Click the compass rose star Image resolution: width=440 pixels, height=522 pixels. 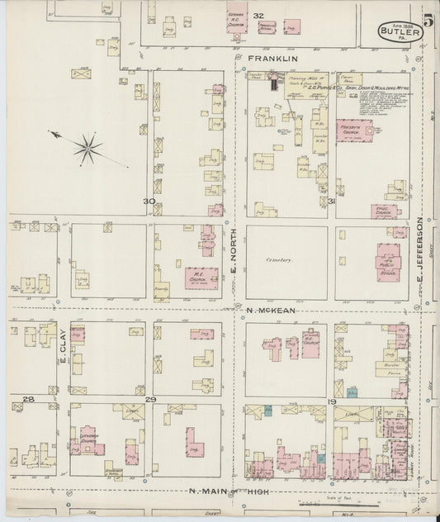click(86, 148)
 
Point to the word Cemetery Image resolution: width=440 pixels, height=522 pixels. click(279, 259)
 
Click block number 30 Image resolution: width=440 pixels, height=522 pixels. click(149, 201)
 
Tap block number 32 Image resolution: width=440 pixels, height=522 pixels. click(258, 16)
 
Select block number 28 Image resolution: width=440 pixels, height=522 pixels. click(27, 400)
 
